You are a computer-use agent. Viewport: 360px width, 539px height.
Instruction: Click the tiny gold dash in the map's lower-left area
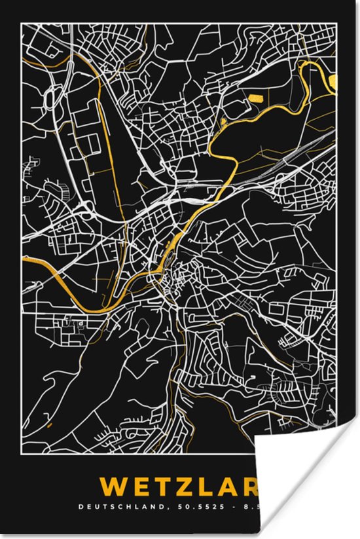pos(50,424)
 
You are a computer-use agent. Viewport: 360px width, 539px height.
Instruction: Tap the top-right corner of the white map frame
pos(338,22)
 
